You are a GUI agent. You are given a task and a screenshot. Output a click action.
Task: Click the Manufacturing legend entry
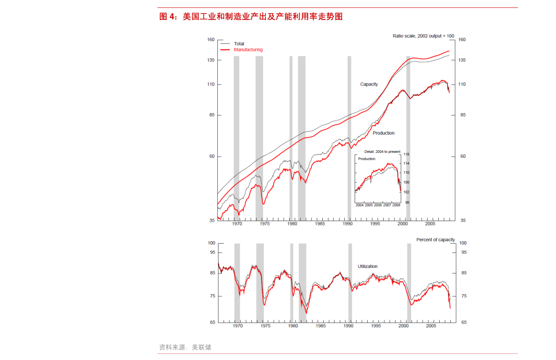248,50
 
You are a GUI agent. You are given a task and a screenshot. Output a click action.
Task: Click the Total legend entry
239,44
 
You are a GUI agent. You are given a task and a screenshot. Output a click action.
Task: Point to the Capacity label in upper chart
369,84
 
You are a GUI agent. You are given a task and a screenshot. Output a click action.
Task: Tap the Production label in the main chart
383,133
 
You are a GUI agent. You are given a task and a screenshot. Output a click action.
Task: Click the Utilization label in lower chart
367,266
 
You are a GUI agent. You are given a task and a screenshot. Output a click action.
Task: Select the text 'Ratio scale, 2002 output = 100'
423,36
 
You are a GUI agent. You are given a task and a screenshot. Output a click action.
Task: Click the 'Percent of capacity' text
435,240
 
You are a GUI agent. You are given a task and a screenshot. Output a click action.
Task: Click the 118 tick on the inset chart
406,154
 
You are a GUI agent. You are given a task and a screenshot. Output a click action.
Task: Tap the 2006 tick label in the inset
378,205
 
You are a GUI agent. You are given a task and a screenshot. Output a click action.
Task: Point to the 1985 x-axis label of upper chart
320,224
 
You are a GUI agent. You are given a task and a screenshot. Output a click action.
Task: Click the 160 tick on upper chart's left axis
211,40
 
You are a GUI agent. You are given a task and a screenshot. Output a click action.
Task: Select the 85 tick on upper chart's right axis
463,115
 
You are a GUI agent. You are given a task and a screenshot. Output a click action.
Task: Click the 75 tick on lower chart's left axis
212,296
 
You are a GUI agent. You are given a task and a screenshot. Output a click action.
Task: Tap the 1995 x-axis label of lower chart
376,325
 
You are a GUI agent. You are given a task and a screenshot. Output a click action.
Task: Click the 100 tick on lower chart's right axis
463,243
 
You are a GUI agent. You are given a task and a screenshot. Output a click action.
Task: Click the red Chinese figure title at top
251,17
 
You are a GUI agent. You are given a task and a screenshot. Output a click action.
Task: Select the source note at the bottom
185,347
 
